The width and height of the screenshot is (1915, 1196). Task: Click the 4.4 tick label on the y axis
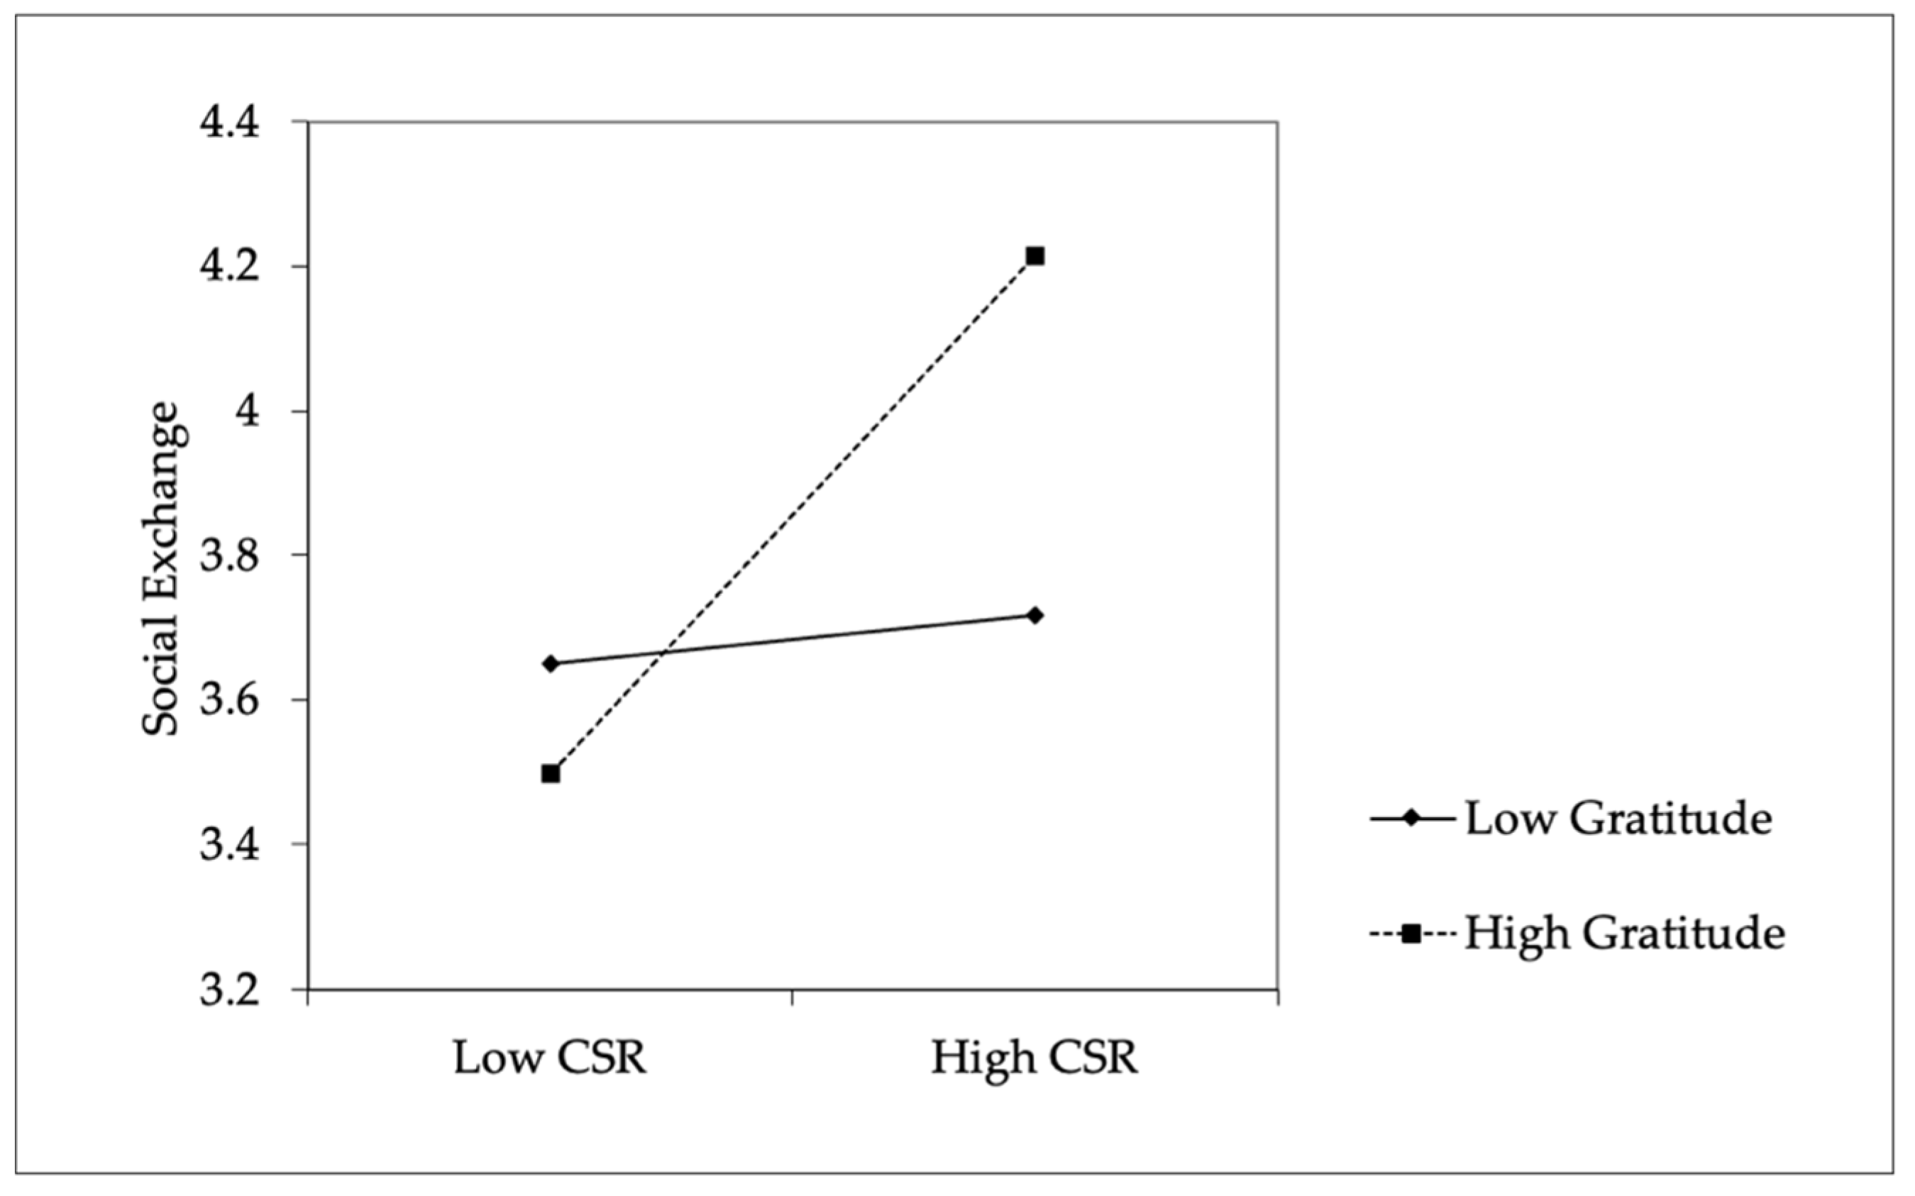click(229, 123)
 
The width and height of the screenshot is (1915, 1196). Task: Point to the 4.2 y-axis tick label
click(229, 267)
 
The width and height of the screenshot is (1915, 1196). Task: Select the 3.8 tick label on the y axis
click(229, 556)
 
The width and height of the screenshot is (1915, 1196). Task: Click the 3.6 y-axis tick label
click(229, 701)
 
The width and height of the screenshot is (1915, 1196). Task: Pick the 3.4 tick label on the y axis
click(229, 845)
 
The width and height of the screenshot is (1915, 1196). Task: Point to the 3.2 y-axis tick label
click(229, 990)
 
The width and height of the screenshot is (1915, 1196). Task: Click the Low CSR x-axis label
click(550, 1058)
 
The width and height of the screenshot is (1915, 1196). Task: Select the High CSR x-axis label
click(1034, 1058)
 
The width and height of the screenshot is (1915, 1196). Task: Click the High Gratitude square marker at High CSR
click(1034, 256)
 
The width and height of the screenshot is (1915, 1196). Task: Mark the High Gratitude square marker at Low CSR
click(551, 773)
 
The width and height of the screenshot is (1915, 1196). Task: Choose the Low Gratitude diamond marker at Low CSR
click(551, 663)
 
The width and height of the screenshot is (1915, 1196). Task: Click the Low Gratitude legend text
click(1618, 819)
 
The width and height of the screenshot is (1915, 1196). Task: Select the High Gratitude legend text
click(1625, 934)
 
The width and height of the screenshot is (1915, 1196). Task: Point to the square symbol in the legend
click(1411, 934)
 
